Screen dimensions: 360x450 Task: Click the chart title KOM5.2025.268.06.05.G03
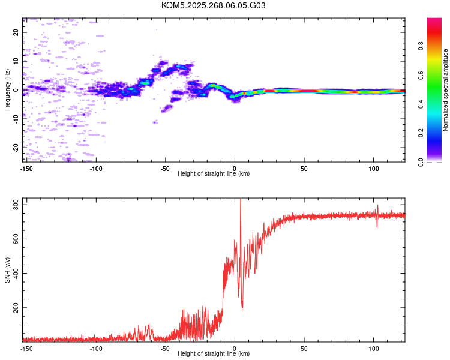(x=214, y=5)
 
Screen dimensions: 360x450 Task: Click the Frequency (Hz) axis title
(x=7, y=90)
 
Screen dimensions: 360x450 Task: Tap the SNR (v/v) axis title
(x=7, y=270)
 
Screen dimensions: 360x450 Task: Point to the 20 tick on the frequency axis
(x=16, y=32)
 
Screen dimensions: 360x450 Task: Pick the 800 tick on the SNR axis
(x=13, y=205)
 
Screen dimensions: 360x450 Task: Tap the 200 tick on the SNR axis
(x=13, y=308)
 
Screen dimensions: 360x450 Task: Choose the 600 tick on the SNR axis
(x=13, y=239)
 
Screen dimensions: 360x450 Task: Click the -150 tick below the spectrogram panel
(x=27, y=167)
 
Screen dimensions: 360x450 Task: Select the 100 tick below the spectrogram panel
(x=373, y=167)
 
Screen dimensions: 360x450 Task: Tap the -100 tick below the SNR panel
(x=96, y=347)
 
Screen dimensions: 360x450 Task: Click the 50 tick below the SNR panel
(x=304, y=347)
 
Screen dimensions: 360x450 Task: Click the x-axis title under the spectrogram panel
(x=214, y=173)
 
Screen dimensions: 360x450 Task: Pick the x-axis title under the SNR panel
(x=214, y=353)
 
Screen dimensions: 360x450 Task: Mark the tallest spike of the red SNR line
(x=240, y=200)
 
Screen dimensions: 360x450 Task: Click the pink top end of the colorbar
(x=434, y=20)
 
